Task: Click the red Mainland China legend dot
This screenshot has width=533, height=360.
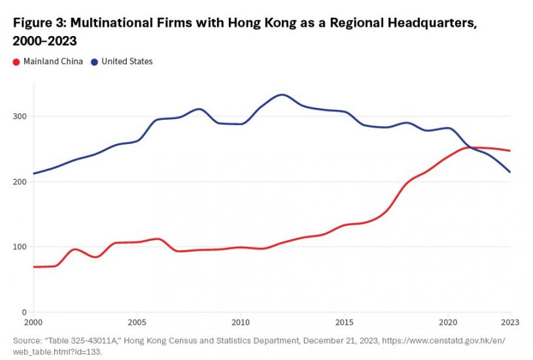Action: (x=16, y=62)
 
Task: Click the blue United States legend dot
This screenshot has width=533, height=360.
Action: (x=95, y=62)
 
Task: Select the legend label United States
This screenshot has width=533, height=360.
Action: (x=127, y=62)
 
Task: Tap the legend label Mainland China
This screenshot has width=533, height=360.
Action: (x=53, y=62)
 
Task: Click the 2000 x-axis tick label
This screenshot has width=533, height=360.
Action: (x=33, y=323)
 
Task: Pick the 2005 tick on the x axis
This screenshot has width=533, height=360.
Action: (x=137, y=323)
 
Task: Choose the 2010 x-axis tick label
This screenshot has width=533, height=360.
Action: (x=241, y=323)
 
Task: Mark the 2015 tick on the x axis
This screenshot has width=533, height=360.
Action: (x=345, y=323)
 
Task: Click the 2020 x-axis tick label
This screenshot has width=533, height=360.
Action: (x=448, y=323)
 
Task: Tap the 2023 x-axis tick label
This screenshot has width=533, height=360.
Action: (x=509, y=323)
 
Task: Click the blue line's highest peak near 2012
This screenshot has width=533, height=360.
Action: (x=282, y=94)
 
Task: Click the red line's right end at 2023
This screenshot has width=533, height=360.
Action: (x=510, y=151)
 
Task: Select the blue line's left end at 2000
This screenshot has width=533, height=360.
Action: (x=33, y=173)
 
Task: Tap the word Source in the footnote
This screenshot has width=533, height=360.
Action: (x=27, y=341)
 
